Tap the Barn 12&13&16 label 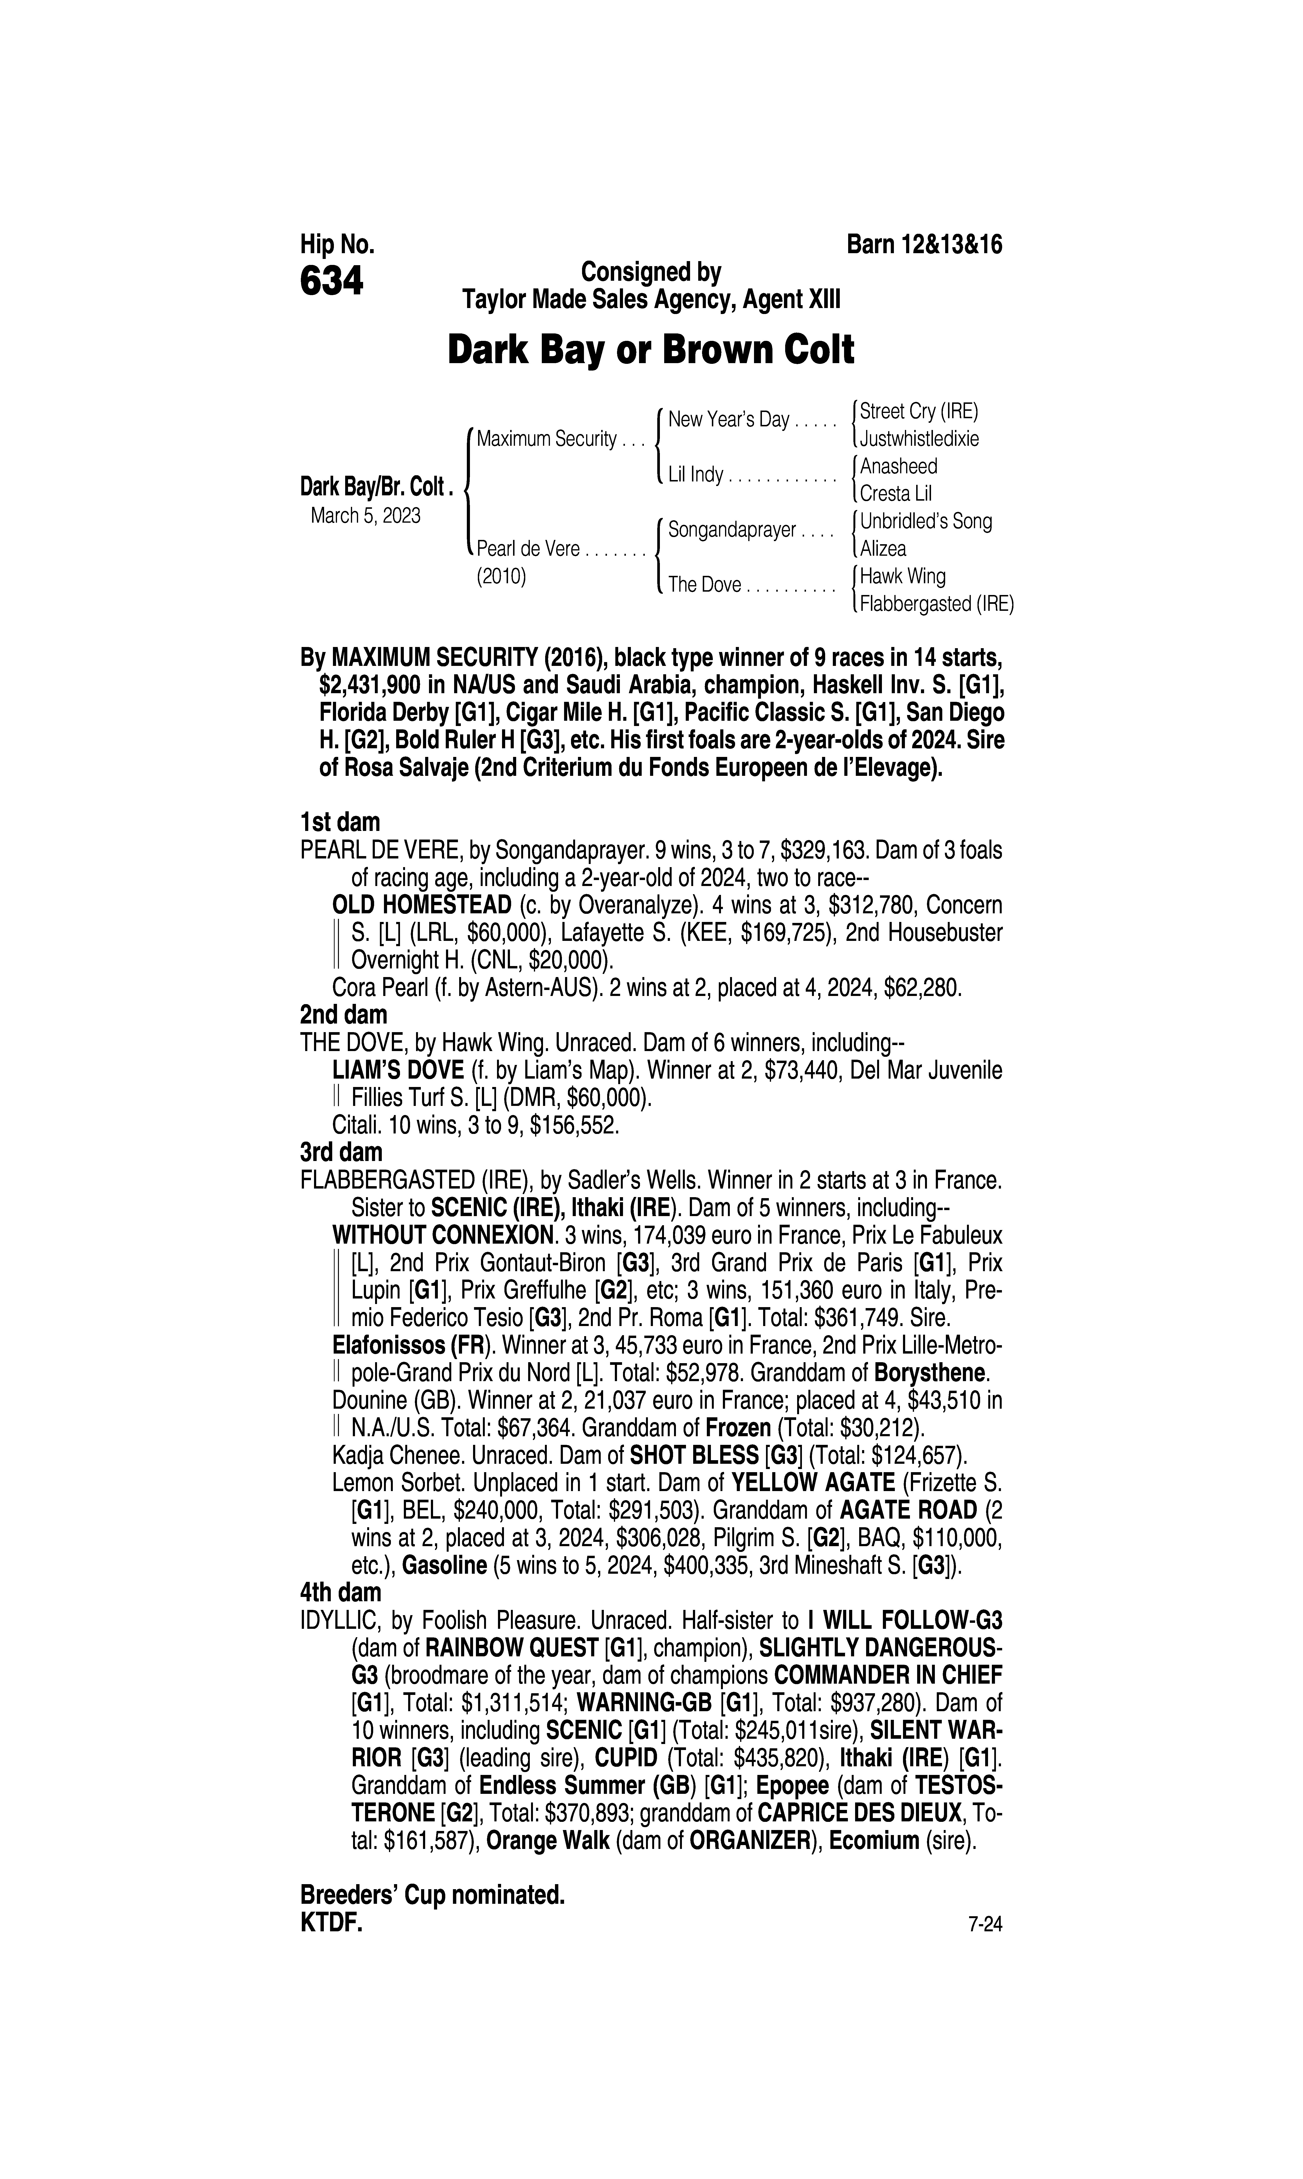pos(924,244)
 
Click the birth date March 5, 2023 pos(365,515)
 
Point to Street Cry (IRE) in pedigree pos(918,411)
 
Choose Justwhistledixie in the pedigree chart pos(919,438)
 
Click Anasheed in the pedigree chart pos(898,466)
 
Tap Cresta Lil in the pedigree pos(896,493)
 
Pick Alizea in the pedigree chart pos(883,549)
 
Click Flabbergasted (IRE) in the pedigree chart pos(936,604)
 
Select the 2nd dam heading pos(343,1015)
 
